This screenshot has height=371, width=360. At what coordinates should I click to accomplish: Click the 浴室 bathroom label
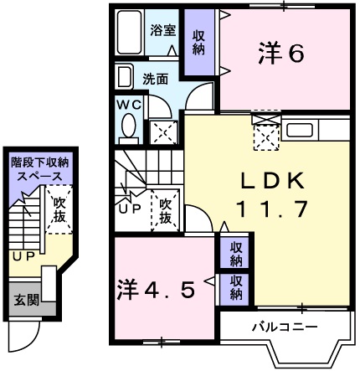pos(162,29)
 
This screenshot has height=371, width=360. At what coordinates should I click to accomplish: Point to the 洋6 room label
pos(280,54)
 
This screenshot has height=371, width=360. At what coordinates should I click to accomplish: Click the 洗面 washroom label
pos(154,80)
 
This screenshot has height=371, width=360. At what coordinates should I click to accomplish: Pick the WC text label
pos(129,106)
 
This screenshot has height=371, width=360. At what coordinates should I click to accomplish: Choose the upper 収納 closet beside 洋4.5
pos(237,254)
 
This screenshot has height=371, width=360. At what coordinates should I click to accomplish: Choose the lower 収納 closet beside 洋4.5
pos(237,287)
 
